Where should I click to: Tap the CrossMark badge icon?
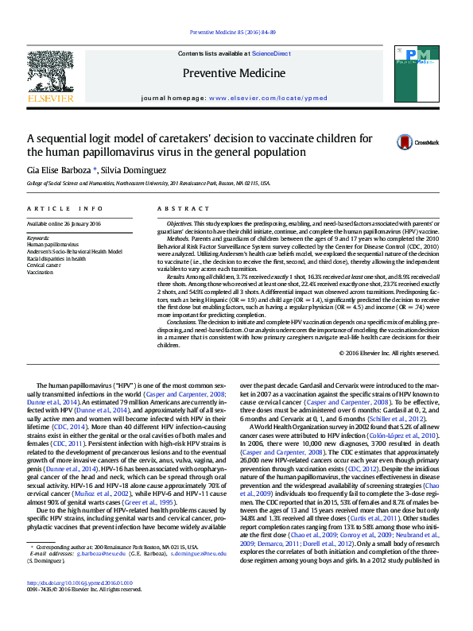coord(408,142)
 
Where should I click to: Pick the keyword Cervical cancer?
coord(45,265)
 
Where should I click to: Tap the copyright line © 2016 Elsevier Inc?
coord(389,353)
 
